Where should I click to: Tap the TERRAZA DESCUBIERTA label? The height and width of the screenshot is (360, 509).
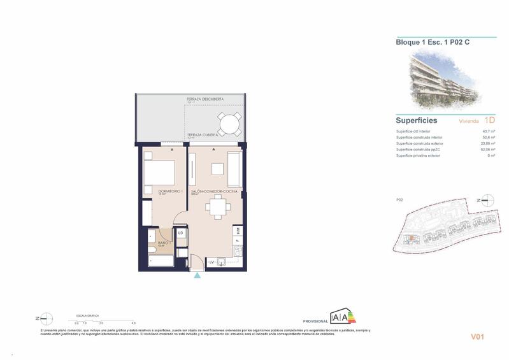point(205,99)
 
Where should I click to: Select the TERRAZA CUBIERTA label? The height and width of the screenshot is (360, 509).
point(203,135)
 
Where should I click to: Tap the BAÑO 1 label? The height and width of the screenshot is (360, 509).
point(155,242)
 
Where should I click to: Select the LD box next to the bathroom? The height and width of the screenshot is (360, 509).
point(181,234)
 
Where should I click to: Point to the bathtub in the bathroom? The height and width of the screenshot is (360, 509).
point(161,260)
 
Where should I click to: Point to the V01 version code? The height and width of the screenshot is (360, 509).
point(478,336)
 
